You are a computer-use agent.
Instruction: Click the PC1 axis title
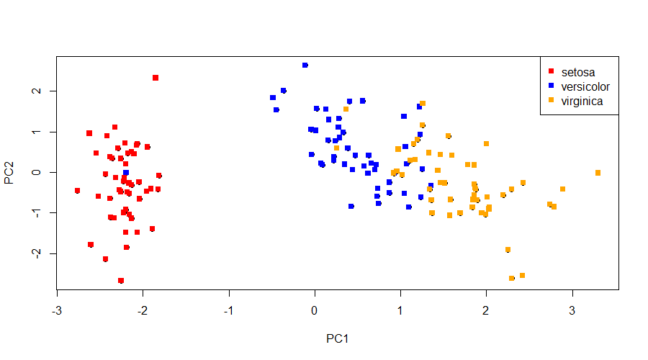(x=337, y=338)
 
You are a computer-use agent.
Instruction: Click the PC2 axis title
(x=9, y=172)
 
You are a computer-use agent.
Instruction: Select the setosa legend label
(x=577, y=72)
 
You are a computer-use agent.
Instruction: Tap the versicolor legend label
(x=585, y=87)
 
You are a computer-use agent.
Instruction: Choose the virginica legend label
(x=582, y=102)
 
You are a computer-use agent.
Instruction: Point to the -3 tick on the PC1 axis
(x=57, y=310)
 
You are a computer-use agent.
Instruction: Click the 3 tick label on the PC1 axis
(x=572, y=310)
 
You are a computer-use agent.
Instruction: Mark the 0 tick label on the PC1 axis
(x=315, y=310)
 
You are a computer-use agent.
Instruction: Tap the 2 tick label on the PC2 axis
(x=37, y=91)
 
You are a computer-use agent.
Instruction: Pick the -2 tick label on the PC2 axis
(x=37, y=253)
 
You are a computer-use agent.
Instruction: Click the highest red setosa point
(x=156, y=78)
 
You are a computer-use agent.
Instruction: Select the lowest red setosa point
(x=121, y=281)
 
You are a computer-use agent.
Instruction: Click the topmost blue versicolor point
(x=305, y=65)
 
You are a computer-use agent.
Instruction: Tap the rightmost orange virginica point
(x=598, y=173)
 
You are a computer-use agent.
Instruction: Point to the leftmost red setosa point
(x=77, y=191)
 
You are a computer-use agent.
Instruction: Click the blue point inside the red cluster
(x=126, y=173)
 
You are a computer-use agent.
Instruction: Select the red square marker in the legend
(x=551, y=71)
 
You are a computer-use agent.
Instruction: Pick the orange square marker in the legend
(x=551, y=99)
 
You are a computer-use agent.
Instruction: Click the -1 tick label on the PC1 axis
(x=228, y=310)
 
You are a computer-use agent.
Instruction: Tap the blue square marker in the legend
(x=551, y=86)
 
